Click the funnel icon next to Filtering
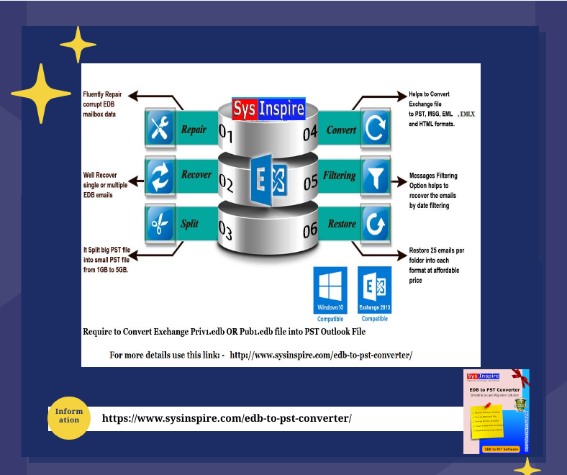pyautogui.click(x=374, y=176)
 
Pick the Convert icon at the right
pyautogui.click(x=374, y=130)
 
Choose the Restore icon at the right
pyautogui.click(x=374, y=223)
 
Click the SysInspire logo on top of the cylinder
pyautogui.click(x=268, y=109)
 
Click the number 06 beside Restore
pyautogui.click(x=310, y=230)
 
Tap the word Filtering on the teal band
pyautogui.click(x=340, y=176)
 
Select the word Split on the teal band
pyautogui.click(x=190, y=224)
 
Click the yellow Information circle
pyautogui.click(x=69, y=416)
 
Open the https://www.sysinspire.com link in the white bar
pyautogui.click(x=227, y=418)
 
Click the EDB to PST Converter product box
pyautogui.click(x=496, y=411)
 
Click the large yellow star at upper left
pyautogui.click(x=41, y=94)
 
